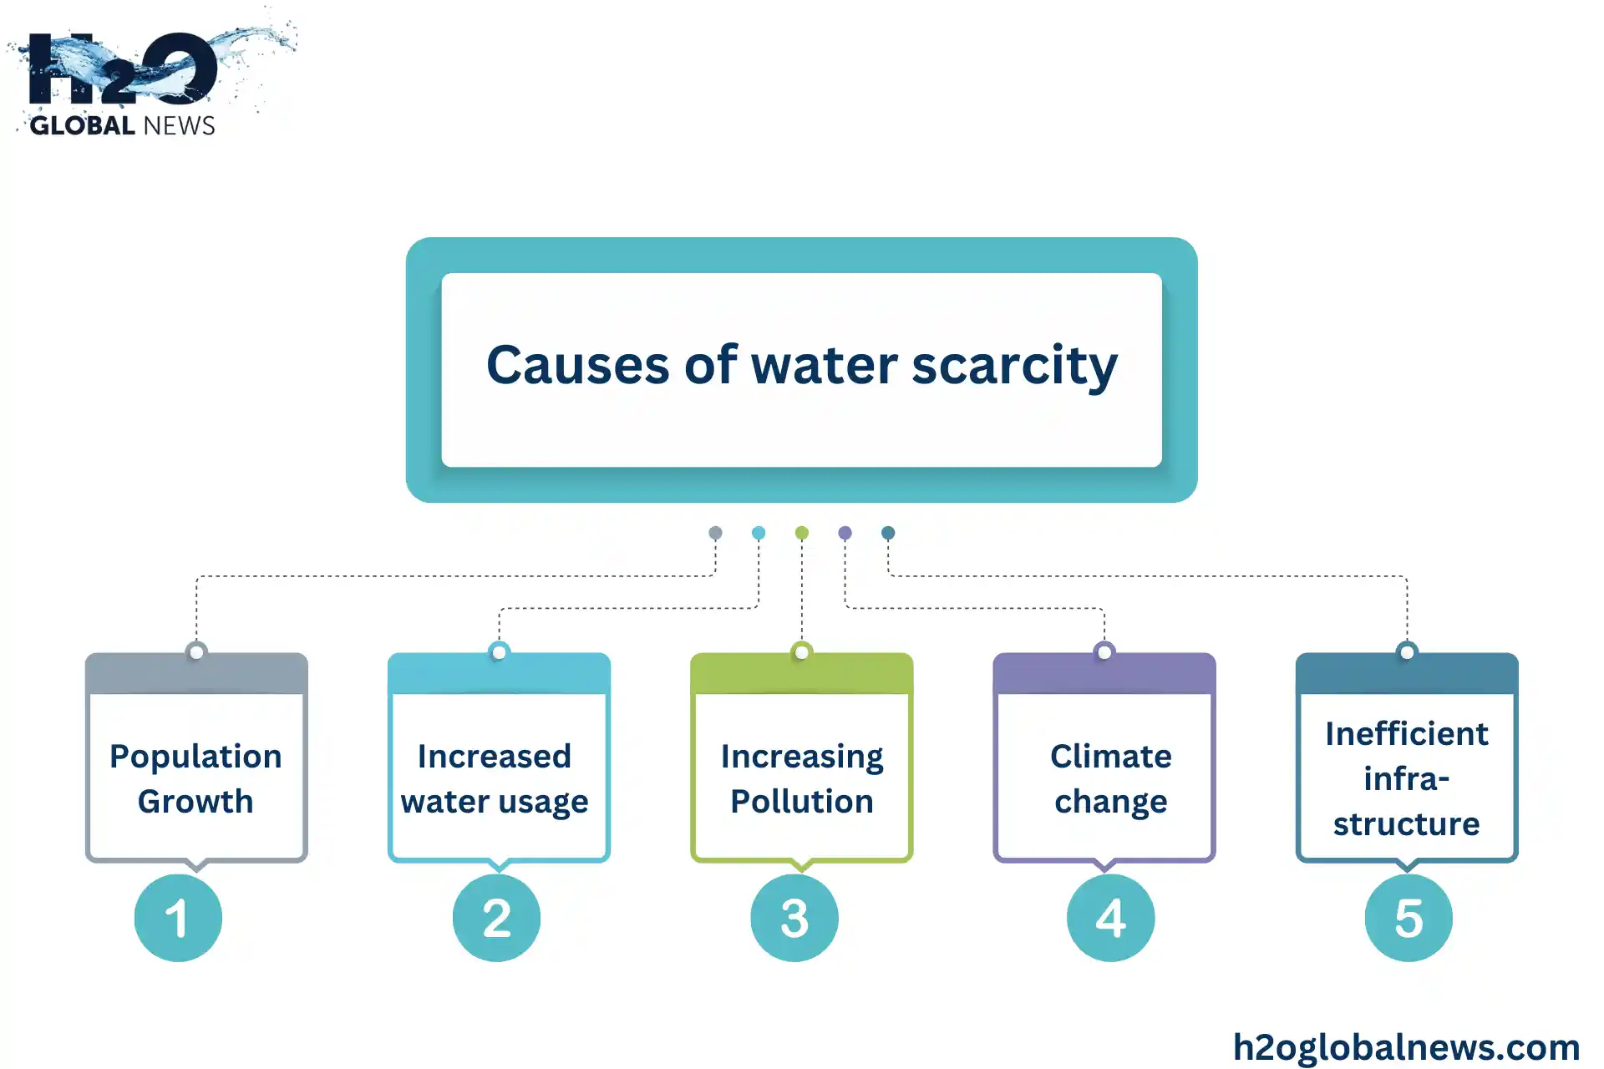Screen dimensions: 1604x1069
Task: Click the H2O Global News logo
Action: (150, 75)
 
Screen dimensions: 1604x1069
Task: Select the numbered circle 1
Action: (178, 918)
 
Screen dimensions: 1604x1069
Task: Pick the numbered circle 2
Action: (496, 918)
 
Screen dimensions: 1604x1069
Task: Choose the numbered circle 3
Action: (794, 918)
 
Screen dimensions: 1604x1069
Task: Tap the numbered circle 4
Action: (1110, 918)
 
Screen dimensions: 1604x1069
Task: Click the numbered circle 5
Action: (1409, 918)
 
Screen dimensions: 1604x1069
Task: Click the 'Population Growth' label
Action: (196, 778)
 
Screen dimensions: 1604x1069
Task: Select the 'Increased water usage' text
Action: (495, 778)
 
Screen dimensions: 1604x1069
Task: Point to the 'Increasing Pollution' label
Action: (802, 778)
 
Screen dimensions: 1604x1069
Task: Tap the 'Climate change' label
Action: (1111, 778)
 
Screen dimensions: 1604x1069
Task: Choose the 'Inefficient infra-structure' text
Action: (1407, 778)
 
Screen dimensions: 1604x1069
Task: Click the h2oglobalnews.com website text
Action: (1407, 1047)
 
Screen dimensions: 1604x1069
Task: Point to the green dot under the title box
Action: (802, 533)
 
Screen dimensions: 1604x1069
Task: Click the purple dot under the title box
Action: (845, 533)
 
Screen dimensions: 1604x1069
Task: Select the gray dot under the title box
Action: (715, 533)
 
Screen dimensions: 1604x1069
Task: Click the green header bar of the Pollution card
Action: (802, 675)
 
